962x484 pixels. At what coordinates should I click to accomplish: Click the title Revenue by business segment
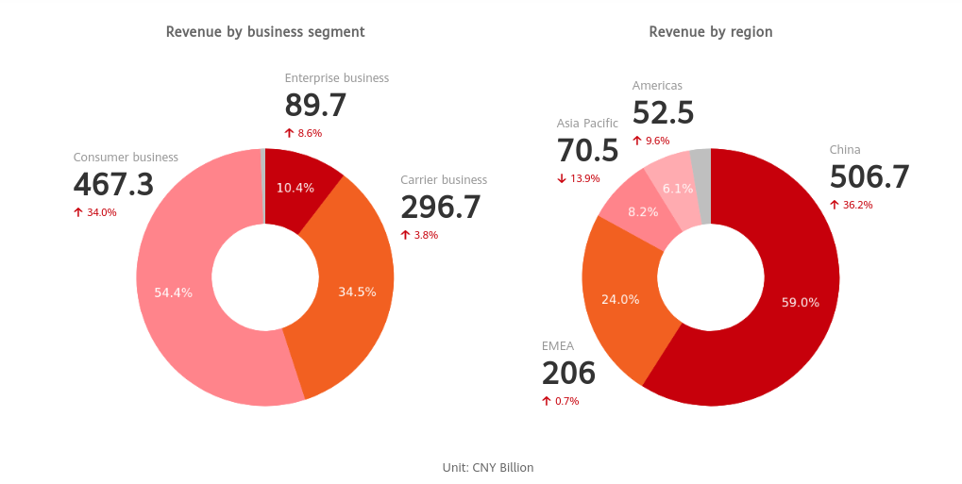point(265,32)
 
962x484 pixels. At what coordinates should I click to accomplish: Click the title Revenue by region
point(710,32)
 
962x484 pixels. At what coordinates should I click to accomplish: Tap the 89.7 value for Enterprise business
point(315,106)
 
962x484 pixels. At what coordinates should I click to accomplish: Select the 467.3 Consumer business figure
point(113,185)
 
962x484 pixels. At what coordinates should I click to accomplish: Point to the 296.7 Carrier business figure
point(440,208)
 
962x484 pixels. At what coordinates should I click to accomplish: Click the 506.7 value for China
point(869,177)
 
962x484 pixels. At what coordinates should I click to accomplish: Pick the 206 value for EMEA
point(568,374)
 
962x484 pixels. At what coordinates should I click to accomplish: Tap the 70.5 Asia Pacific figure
point(587,151)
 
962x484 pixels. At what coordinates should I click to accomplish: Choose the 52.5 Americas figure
point(663,113)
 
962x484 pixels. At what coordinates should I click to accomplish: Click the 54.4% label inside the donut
point(174,292)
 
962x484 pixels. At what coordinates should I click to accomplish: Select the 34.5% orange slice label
point(357,292)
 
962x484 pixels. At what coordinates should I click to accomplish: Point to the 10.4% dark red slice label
point(295,188)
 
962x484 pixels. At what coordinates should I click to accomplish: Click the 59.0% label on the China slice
point(801,303)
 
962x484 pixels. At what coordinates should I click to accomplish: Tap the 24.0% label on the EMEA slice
point(620,299)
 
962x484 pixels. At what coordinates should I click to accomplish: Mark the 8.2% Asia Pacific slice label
point(643,212)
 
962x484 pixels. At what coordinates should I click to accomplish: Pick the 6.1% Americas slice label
point(678,189)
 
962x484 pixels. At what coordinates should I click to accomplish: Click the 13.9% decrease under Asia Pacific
point(578,178)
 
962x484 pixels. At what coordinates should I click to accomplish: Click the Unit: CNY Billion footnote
point(488,467)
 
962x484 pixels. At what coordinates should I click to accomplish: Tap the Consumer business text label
point(126,158)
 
